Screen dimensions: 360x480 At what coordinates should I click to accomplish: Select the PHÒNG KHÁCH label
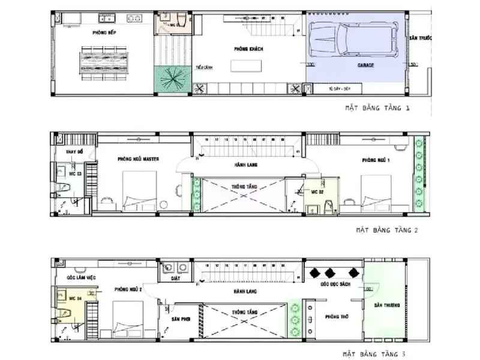coord(248,48)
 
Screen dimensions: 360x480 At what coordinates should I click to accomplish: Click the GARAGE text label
coord(366,64)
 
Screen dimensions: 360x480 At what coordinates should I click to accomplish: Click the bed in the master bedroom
coord(139,191)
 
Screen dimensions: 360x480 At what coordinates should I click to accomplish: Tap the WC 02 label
coord(317,192)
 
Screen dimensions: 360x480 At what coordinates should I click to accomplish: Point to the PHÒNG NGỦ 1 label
coord(376,160)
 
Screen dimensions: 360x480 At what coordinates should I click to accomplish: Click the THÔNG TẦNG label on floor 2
coord(245,187)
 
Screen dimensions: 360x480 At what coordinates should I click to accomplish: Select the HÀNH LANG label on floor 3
coord(246,290)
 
